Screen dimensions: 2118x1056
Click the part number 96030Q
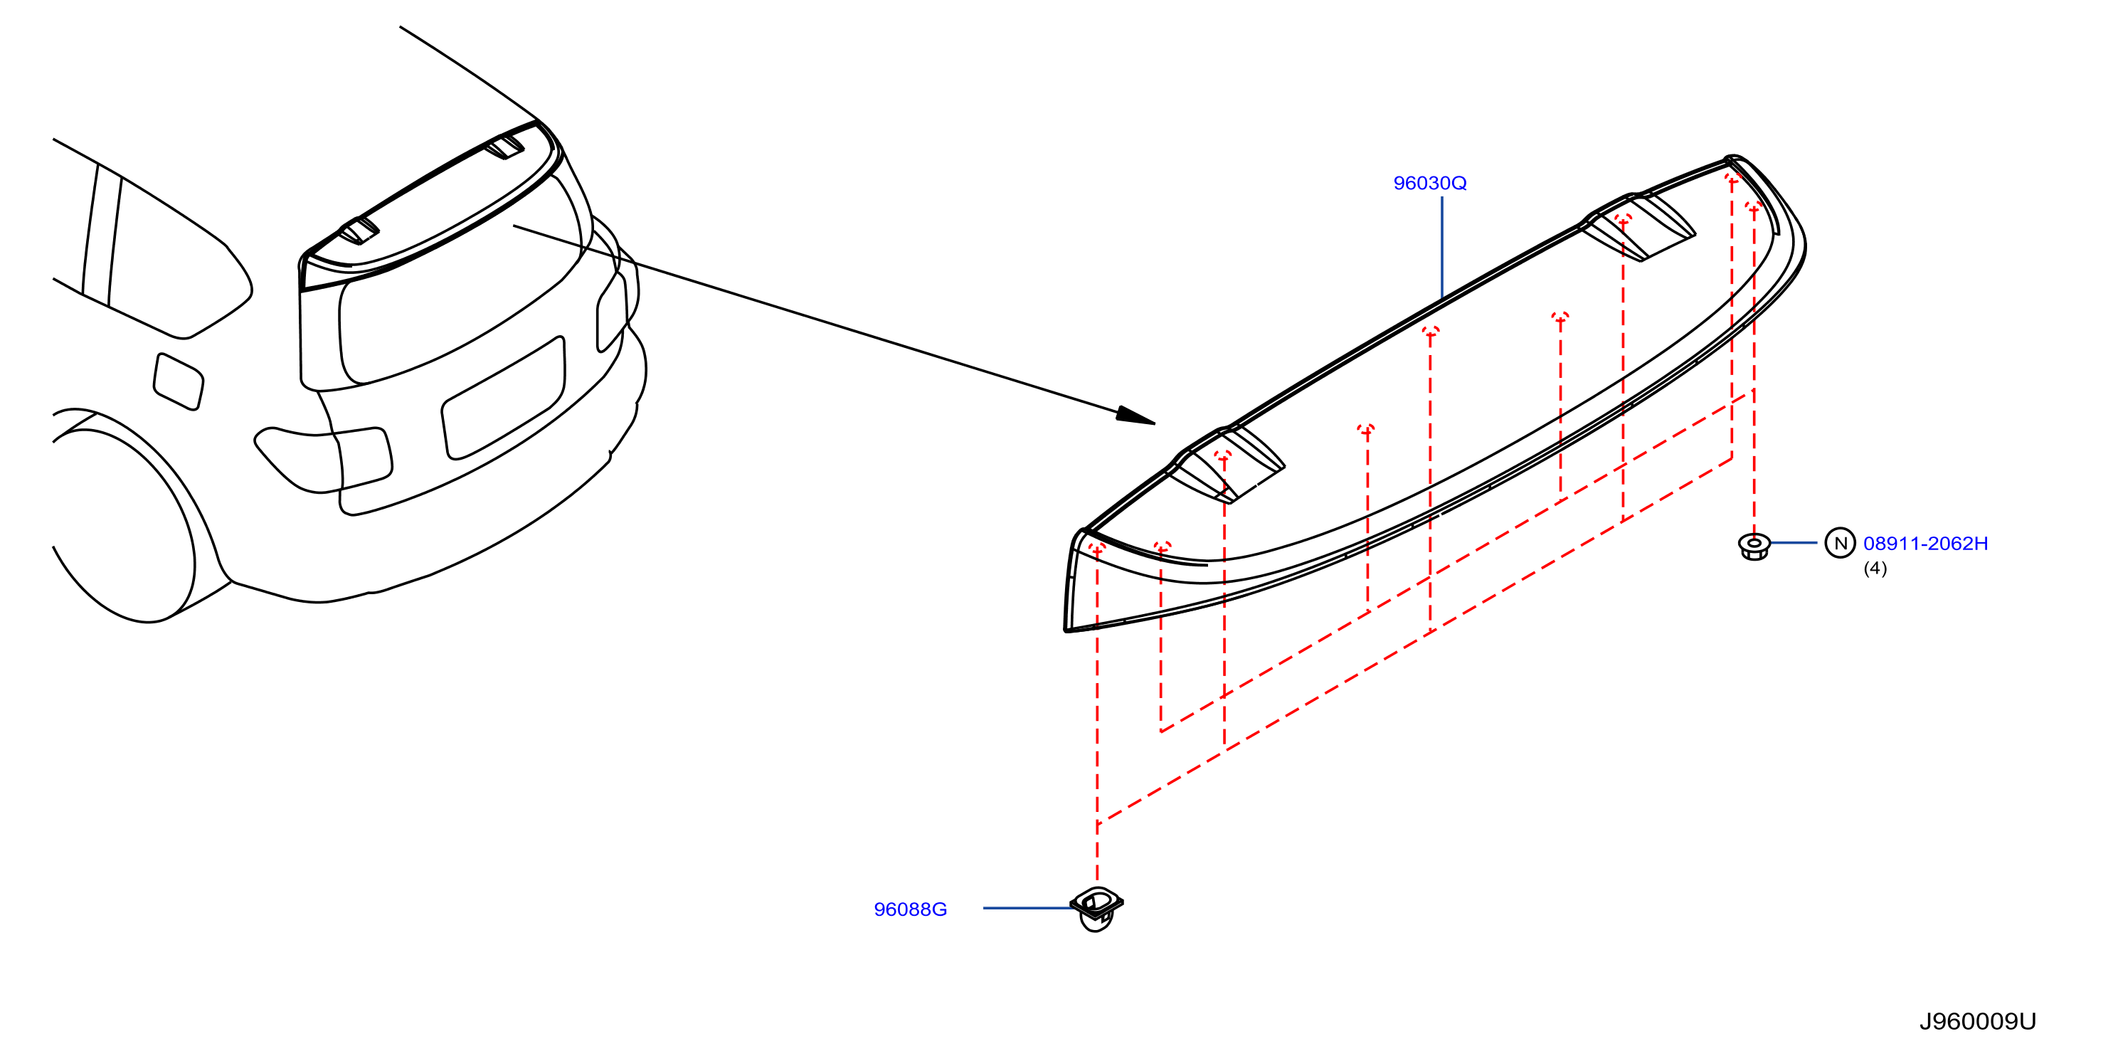coord(1429,183)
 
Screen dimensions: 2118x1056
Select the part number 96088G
coord(910,909)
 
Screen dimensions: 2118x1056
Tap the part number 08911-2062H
coord(1926,543)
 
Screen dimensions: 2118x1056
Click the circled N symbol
coord(1840,543)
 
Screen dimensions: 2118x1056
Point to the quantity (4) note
coord(1875,569)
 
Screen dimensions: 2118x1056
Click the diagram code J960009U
coord(1977,1021)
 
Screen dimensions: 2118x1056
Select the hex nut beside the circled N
coord(1754,545)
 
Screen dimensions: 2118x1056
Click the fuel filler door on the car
coord(179,381)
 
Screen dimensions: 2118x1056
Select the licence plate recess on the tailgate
coord(503,397)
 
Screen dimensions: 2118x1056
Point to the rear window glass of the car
coord(460,288)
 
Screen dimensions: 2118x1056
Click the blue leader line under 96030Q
coord(1441,248)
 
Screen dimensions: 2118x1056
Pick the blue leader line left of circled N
coord(1794,543)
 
